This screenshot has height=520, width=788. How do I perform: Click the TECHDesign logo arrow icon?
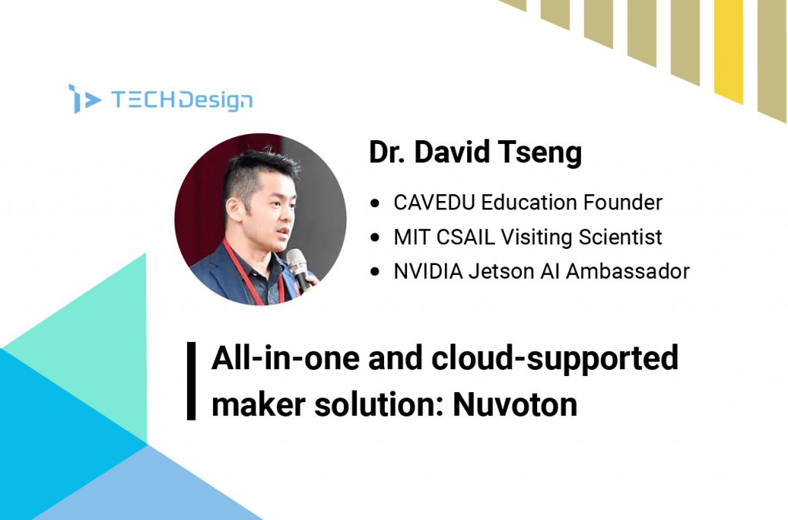pyautogui.click(x=84, y=99)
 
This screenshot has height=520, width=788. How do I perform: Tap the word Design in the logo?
pyautogui.click(x=215, y=100)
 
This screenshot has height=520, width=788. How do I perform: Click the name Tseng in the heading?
pyautogui.click(x=539, y=153)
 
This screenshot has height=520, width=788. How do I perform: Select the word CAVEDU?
pyautogui.click(x=434, y=202)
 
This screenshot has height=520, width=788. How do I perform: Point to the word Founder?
pyautogui.click(x=623, y=202)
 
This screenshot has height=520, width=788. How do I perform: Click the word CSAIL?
pyautogui.click(x=466, y=237)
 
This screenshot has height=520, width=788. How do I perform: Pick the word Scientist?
pyautogui.click(x=620, y=237)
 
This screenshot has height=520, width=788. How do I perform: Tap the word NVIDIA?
pyautogui.click(x=428, y=271)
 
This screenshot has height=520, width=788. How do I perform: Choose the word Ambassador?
pyautogui.click(x=628, y=271)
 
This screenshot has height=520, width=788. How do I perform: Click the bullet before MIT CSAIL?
pyautogui.click(x=375, y=237)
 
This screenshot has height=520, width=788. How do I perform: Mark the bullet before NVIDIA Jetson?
pyautogui.click(x=375, y=272)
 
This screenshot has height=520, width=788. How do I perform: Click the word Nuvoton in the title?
pyautogui.click(x=515, y=404)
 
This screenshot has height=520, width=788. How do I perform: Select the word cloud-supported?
pyautogui.click(x=555, y=359)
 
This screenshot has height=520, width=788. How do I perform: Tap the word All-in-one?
pyautogui.click(x=285, y=357)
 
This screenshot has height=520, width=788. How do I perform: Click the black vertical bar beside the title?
pyautogui.click(x=191, y=381)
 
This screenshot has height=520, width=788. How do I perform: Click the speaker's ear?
pyautogui.click(x=232, y=208)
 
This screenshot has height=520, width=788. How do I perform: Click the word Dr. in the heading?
pyautogui.click(x=387, y=152)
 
